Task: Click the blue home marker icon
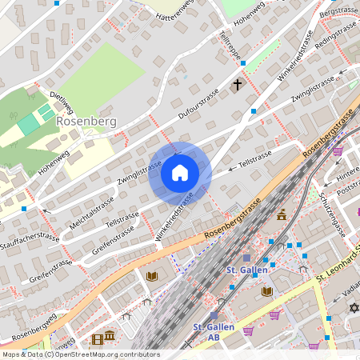180,173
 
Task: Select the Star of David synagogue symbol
351,308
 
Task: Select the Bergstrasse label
337,11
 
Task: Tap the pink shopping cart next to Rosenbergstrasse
338,150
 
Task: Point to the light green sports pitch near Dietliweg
30,124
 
